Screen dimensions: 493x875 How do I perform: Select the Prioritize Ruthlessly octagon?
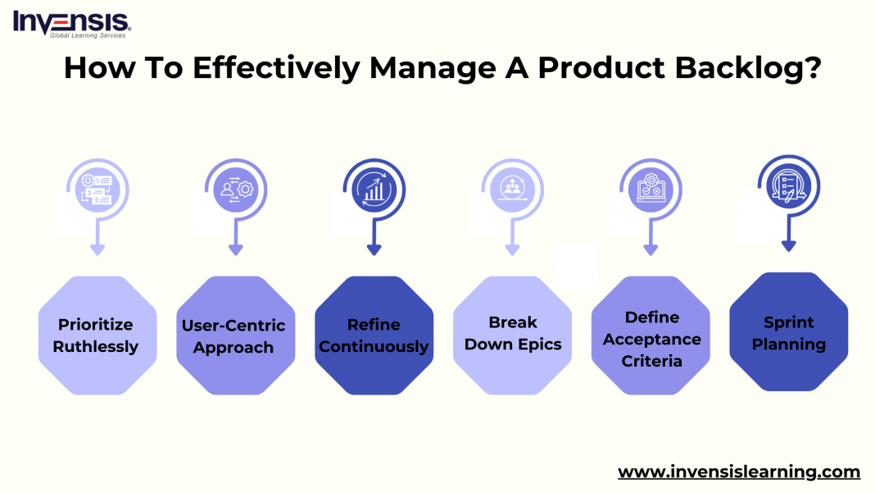tap(97, 335)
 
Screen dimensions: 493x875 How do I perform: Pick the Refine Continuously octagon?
tap(374, 335)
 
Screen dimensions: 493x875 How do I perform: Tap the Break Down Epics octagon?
tap(512, 335)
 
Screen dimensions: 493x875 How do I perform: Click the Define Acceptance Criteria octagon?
tap(651, 335)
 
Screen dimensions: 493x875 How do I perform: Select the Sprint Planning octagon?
tap(788, 331)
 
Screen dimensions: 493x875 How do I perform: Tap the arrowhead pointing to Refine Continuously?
tap(374, 249)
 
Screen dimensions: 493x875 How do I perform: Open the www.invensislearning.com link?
tap(738, 472)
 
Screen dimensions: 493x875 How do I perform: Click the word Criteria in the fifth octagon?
tap(652, 361)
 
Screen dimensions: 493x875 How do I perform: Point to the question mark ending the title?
tap(812, 69)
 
